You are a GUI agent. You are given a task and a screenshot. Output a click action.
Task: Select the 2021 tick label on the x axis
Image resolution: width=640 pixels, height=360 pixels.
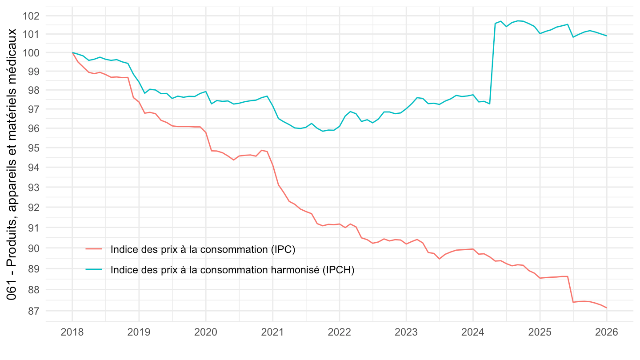point(272,333)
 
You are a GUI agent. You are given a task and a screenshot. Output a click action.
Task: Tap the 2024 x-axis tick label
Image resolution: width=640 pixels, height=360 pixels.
point(473,333)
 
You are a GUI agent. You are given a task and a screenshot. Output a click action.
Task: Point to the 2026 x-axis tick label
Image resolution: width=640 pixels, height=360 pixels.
point(606,333)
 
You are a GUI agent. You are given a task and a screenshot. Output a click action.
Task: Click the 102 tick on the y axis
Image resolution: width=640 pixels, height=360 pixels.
point(32,16)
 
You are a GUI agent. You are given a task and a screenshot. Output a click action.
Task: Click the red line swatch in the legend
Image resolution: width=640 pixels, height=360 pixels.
point(94,249)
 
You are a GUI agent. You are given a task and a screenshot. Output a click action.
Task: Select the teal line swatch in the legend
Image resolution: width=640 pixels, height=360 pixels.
point(94,270)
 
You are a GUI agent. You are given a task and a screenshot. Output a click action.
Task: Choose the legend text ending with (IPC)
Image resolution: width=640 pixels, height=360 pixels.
point(203,249)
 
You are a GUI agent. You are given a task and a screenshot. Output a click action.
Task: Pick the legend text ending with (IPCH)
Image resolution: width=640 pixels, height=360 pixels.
point(232,270)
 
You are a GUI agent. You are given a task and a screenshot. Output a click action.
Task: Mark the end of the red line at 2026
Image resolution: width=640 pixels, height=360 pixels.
point(606,308)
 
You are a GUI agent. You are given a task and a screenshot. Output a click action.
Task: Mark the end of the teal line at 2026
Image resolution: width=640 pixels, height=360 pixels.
point(606,36)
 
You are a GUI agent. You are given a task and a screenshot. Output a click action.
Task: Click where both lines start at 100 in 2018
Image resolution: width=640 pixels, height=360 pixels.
point(72,52)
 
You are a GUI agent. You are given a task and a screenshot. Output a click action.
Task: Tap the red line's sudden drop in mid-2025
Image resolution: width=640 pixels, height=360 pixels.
point(571,289)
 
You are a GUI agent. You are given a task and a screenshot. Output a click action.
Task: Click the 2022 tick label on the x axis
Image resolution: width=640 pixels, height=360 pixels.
point(339,333)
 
